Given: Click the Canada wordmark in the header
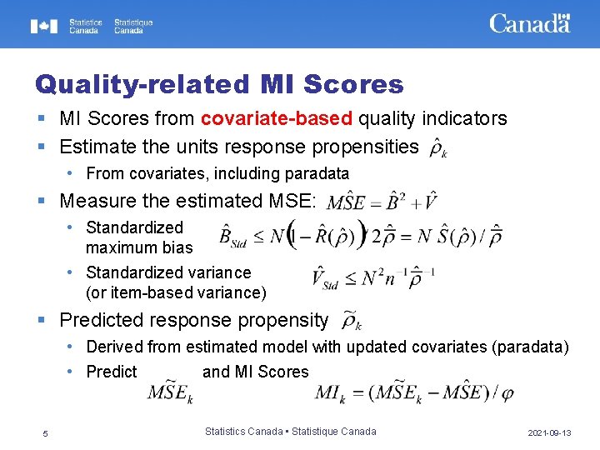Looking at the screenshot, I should [529, 23].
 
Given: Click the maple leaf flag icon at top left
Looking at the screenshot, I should [44, 26].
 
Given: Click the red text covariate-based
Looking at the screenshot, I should [276, 118].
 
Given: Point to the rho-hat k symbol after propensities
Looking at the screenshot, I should [438, 148].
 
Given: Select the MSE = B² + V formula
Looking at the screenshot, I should [382, 202].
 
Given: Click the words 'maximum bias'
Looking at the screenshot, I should [139, 247].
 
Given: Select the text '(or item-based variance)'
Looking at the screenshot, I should [176, 292].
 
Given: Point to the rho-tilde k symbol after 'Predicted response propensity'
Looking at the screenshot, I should [351, 321].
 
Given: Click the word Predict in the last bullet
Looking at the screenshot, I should [112, 372].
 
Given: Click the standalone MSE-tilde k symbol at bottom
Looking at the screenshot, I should [170, 393].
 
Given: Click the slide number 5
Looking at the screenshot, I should [46, 433].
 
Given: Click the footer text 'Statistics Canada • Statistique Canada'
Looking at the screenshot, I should [290, 431].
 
